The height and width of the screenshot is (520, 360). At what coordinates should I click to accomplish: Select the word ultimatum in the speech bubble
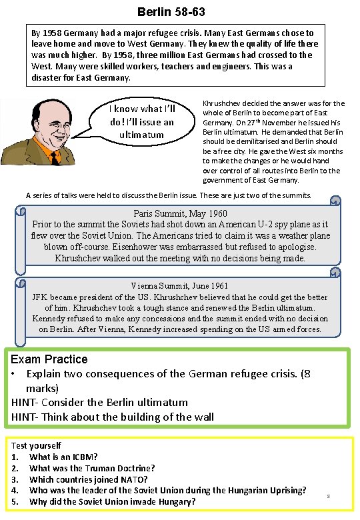(141, 135)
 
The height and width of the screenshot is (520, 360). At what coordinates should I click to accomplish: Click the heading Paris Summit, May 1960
(181, 214)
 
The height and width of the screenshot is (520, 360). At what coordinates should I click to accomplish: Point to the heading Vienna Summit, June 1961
(180, 287)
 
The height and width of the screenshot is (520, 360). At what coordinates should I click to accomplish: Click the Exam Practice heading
(49, 359)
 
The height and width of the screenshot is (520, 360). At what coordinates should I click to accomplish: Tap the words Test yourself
(36, 445)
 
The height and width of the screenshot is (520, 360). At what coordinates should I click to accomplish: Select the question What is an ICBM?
(63, 457)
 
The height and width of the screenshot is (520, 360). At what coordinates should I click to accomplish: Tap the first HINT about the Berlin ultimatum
(99, 402)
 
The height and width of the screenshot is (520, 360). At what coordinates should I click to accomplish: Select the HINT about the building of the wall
(113, 417)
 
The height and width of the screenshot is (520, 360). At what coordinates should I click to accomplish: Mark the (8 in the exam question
(303, 373)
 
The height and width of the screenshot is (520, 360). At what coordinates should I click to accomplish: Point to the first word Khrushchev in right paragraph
(224, 103)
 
